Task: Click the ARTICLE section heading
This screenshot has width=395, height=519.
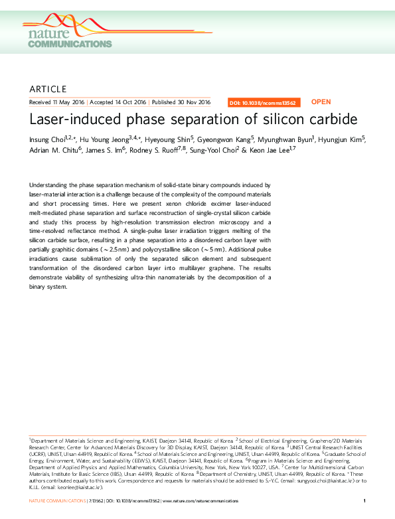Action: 48,89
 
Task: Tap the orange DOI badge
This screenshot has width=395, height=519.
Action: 264,103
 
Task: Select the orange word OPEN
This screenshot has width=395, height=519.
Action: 321,102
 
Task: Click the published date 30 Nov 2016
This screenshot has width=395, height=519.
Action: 191,102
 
